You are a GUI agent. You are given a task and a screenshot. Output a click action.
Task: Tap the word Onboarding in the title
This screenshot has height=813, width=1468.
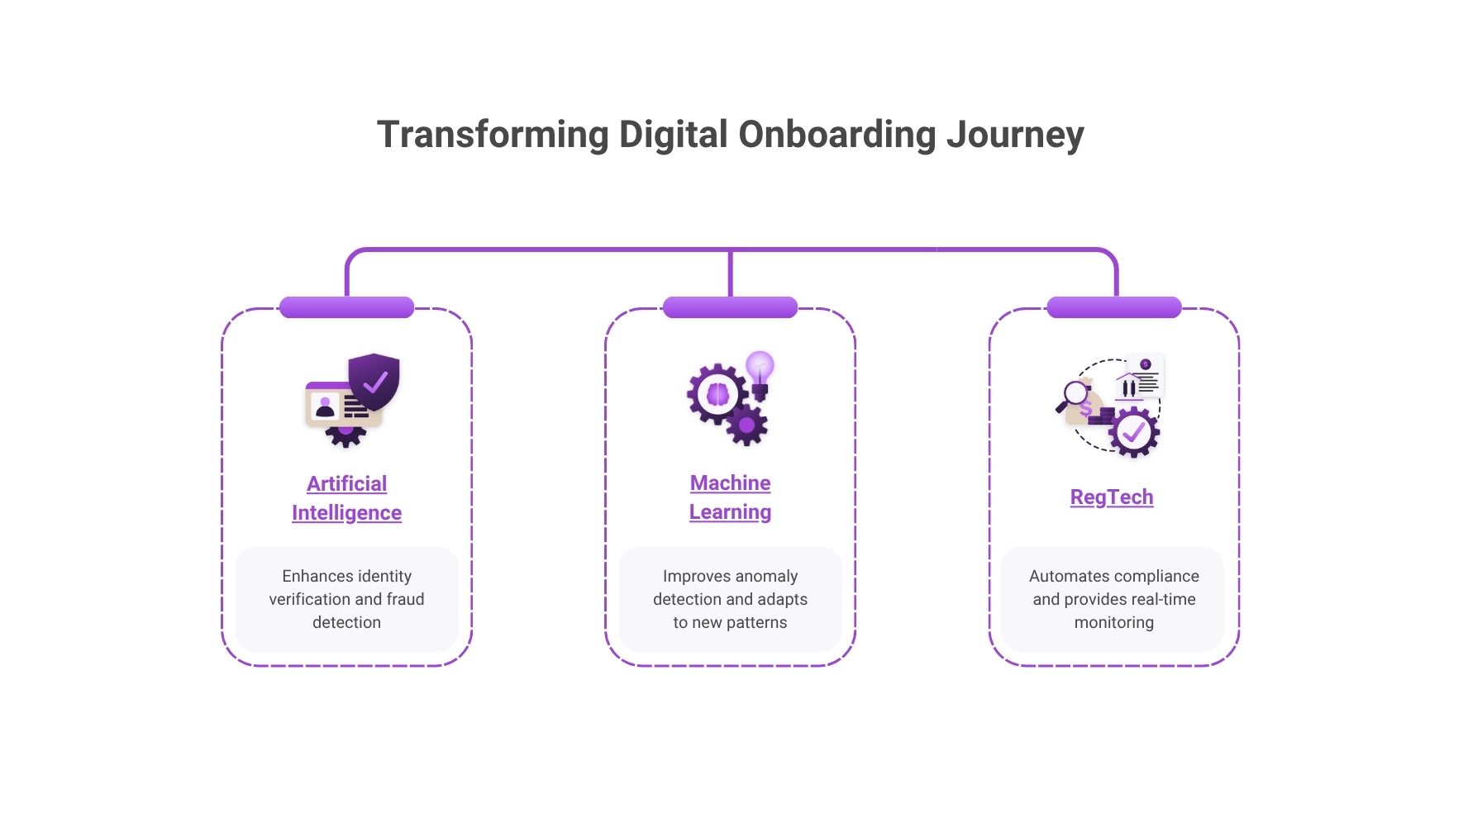(x=836, y=135)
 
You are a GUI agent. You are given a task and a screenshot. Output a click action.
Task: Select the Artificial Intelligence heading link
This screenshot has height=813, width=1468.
(x=347, y=498)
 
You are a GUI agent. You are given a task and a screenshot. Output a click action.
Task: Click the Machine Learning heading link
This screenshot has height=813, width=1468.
(x=731, y=497)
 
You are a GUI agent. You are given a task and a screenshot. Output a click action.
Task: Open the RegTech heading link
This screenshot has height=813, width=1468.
(x=1112, y=497)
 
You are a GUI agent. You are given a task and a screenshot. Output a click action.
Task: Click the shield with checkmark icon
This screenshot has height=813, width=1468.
(x=374, y=381)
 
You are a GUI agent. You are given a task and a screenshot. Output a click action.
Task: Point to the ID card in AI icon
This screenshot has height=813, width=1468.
(x=335, y=406)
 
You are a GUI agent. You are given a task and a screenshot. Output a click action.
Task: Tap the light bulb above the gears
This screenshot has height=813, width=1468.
(x=760, y=368)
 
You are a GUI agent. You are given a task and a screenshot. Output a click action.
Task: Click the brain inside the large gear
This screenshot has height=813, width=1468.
(x=717, y=394)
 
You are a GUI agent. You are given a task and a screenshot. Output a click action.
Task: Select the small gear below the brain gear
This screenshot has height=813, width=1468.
(x=747, y=426)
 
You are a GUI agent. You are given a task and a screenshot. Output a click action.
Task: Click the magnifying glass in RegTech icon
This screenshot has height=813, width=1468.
(x=1075, y=395)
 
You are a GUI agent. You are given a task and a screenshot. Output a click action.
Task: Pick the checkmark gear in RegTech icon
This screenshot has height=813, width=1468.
(x=1133, y=432)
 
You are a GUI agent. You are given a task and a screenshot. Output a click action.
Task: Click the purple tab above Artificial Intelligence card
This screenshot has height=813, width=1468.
(x=347, y=307)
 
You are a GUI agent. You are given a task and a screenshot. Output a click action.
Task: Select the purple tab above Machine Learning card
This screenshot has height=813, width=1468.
(x=731, y=307)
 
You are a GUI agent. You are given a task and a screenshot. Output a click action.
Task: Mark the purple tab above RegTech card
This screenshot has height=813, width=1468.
(x=1114, y=307)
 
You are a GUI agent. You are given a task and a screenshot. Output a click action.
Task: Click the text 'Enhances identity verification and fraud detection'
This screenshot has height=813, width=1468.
(x=347, y=599)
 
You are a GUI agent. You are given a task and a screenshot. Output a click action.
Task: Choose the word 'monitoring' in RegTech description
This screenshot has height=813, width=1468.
(x=1114, y=622)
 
